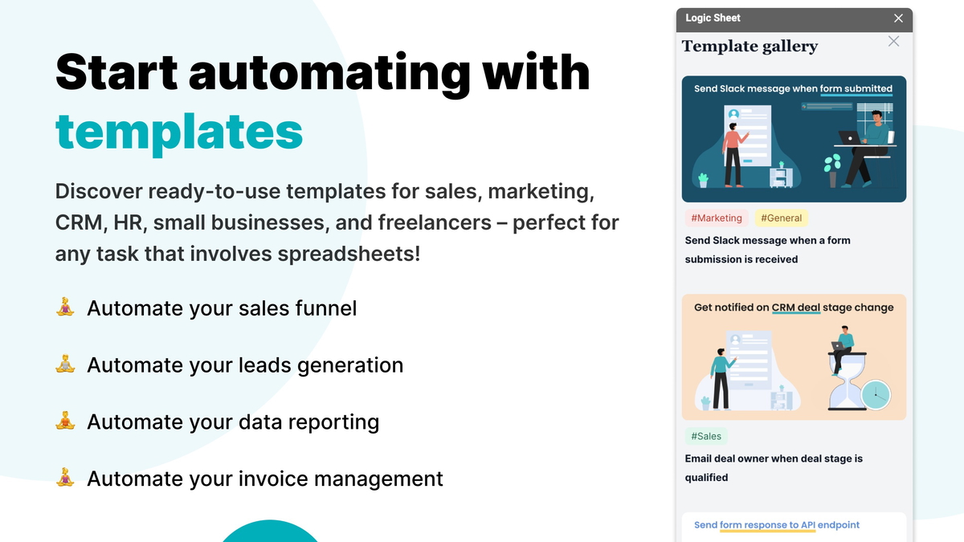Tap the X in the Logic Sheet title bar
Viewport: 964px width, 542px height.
click(899, 18)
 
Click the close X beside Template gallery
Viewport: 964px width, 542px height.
click(893, 41)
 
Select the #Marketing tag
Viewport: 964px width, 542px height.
click(717, 218)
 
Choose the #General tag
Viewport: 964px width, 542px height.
click(781, 218)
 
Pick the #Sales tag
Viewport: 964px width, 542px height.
click(706, 436)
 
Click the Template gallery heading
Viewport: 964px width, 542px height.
click(750, 47)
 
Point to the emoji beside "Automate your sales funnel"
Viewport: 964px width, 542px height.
click(65, 307)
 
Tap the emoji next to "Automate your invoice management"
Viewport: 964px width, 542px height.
click(65, 478)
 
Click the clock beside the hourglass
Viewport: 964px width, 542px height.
click(875, 393)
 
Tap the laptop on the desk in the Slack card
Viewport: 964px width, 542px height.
click(848, 137)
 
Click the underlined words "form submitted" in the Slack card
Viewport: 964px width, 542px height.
click(856, 89)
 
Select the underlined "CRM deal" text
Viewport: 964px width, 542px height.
click(795, 308)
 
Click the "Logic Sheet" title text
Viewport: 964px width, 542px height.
click(713, 18)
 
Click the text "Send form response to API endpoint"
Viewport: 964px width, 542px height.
click(777, 525)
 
